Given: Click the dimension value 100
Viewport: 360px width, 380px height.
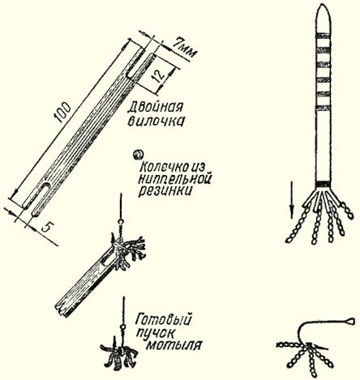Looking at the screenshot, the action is coord(62,113).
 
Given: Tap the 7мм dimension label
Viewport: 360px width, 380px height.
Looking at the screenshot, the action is coord(184,48).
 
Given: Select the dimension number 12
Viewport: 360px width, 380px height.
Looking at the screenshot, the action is coord(159,75).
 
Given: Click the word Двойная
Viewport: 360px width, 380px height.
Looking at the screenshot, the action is coord(156,107).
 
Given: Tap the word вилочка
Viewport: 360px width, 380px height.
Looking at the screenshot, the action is coord(156,122).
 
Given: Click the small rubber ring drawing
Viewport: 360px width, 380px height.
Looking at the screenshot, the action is coord(138,155).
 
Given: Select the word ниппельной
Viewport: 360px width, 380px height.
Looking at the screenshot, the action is coord(174,179).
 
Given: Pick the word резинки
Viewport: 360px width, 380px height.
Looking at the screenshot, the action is coord(165,191).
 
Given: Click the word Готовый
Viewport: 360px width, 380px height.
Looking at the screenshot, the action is coord(164,320).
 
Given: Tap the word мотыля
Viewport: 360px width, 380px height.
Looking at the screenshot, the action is coord(174,345).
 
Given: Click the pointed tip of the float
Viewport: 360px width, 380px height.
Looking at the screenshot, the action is coord(323,4).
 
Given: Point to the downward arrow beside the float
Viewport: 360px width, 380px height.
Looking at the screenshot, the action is coord(292,199).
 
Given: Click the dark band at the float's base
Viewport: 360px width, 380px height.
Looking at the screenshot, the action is coord(324,184).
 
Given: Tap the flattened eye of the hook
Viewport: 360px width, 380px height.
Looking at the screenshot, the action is coord(349,321).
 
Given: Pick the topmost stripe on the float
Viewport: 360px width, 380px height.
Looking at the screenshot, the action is coord(324,35).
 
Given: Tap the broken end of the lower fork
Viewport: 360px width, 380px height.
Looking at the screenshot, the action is coord(62,309).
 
